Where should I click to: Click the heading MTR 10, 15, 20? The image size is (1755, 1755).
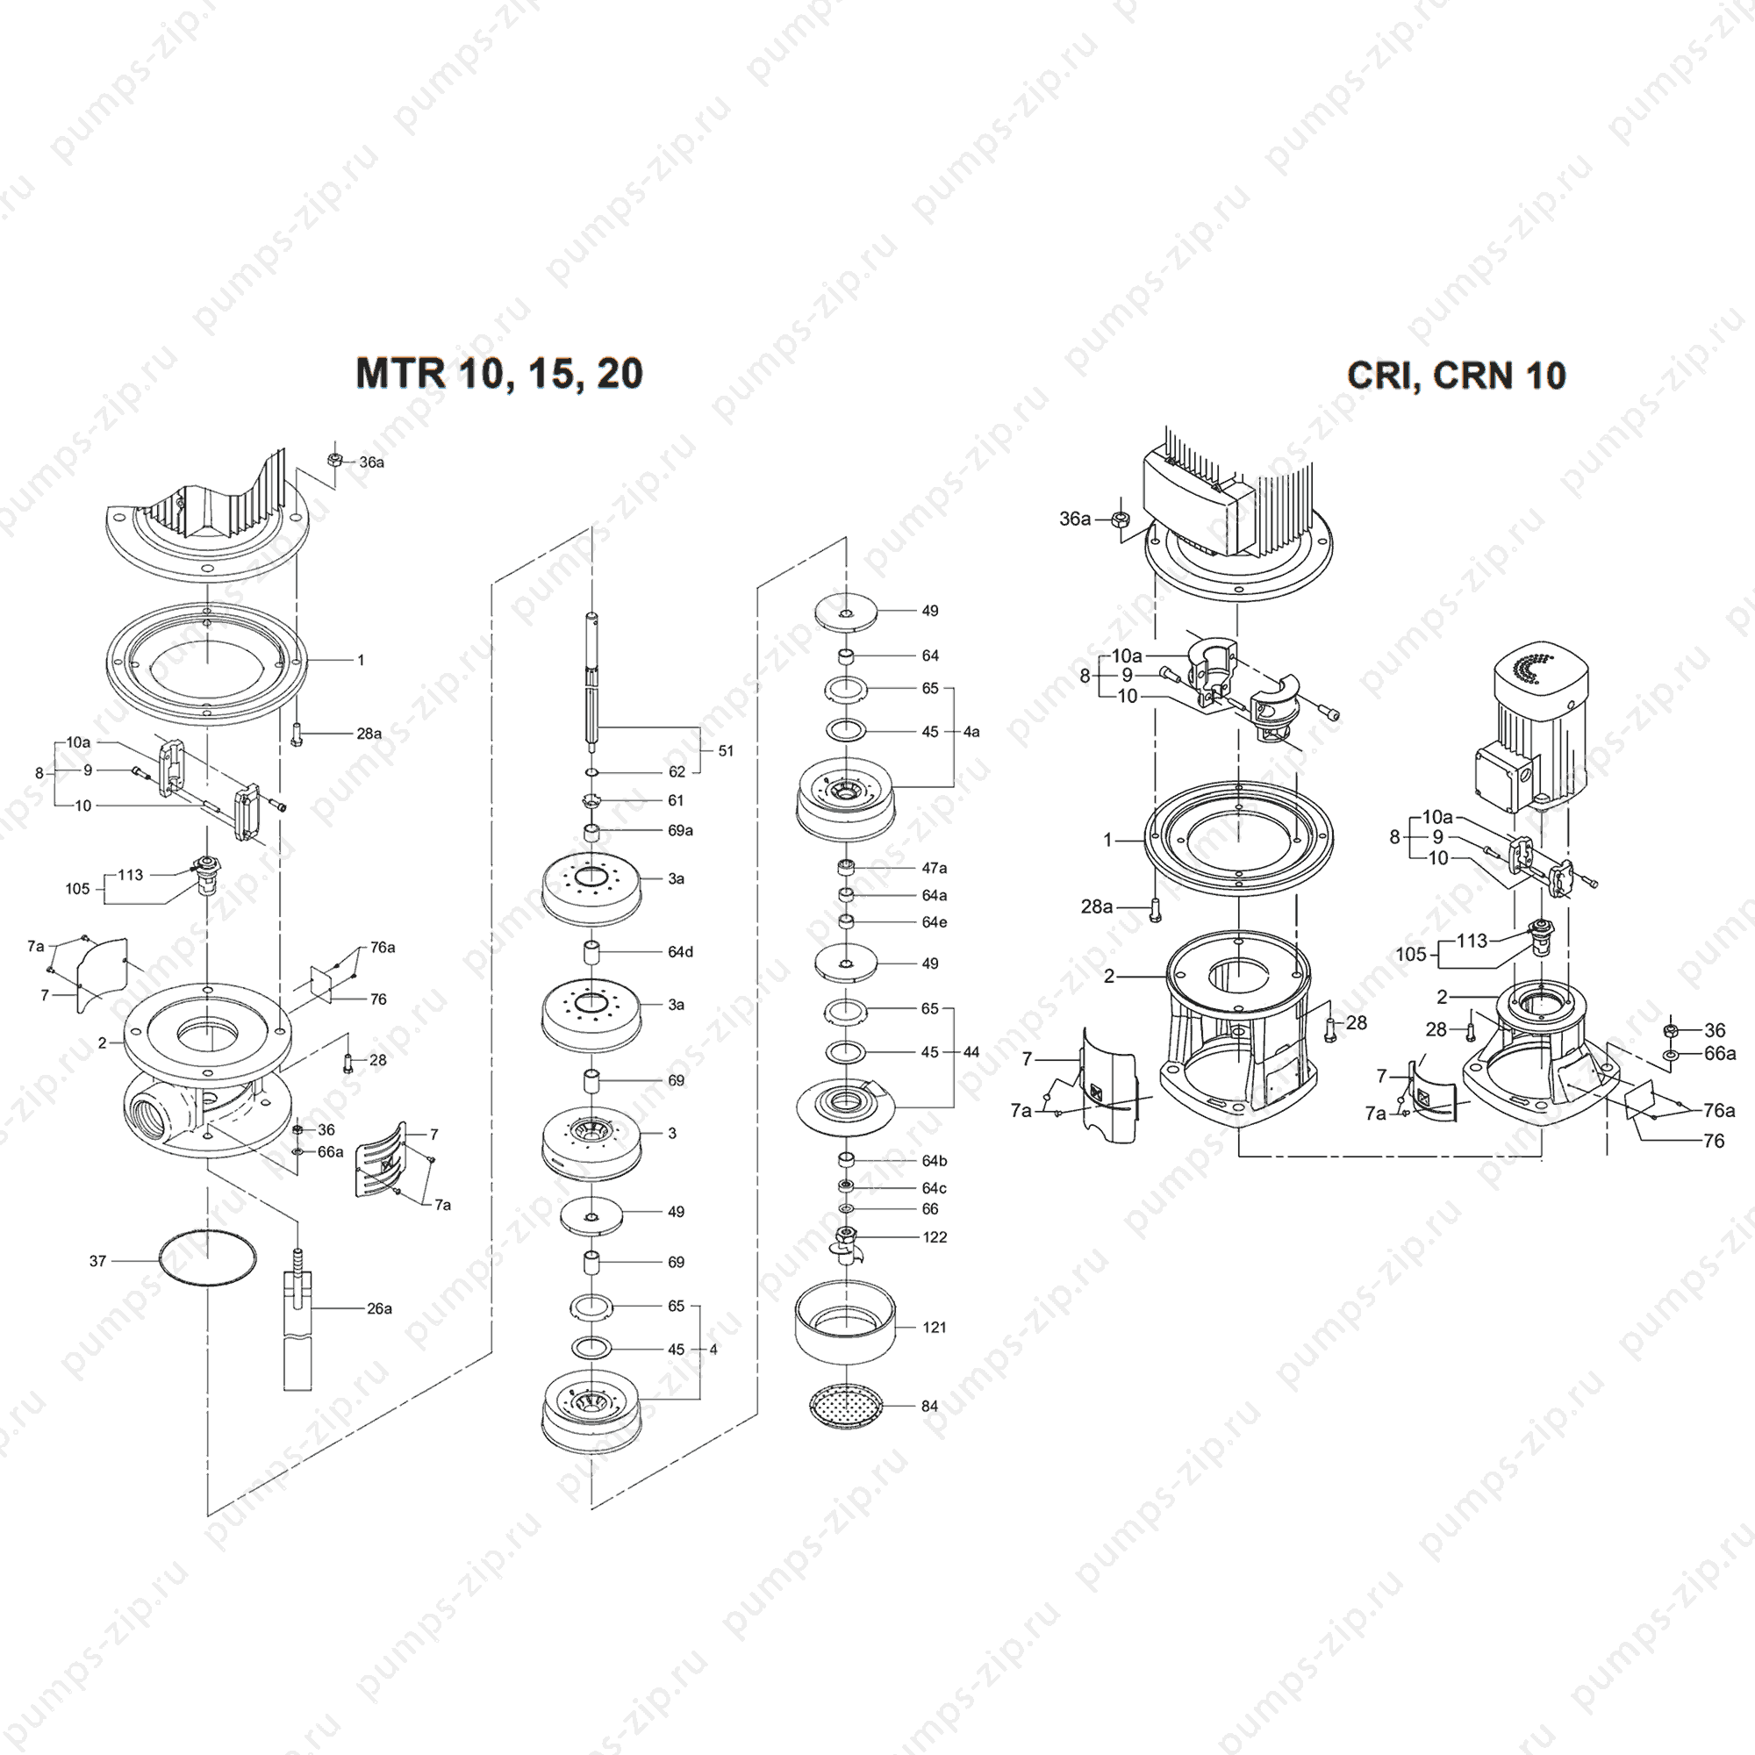click(x=498, y=373)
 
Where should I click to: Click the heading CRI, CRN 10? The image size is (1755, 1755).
click(x=1456, y=376)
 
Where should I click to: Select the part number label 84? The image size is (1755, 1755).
click(x=929, y=1406)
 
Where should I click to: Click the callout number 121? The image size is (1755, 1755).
click(x=934, y=1327)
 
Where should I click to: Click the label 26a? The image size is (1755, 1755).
click(x=379, y=1309)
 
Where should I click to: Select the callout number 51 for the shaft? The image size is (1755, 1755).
click(x=726, y=750)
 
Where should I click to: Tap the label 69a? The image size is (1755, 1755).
click(x=679, y=830)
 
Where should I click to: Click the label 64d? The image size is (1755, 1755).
click(x=679, y=952)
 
